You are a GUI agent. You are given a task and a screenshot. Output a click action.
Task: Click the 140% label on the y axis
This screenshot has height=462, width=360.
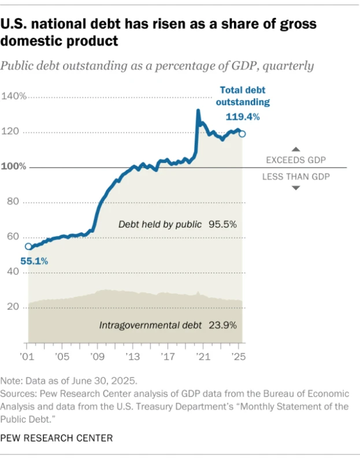pyautogui.click(x=13, y=96)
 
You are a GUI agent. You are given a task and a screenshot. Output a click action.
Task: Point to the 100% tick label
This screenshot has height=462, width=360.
pyautogui.click(x=13, y=167)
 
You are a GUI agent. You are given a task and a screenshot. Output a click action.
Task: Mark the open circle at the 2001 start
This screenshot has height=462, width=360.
pyautogui.click(x=28, y=247)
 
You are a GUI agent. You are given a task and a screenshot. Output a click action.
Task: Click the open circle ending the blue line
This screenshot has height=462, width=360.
pyautogui.click(x=242, y=134)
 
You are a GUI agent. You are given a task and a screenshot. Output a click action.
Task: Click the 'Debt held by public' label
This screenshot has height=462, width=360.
pyautogui.click(x=159, y=224)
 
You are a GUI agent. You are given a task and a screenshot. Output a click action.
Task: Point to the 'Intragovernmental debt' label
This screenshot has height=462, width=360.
pyautogui.click(x=150, y=325)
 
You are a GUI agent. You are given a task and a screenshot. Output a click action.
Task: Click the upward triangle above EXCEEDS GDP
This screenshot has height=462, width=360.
pyautogui.click(x=295, y=148)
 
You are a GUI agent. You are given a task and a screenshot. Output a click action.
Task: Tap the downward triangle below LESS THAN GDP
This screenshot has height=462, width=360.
pyautogui.click(x=295, y=188)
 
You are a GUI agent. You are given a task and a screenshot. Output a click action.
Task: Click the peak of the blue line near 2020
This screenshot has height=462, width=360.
pyautogui.click(x=198, y=110)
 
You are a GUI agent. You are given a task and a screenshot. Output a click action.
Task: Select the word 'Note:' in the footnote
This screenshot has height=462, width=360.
pyautogui.click(x=13, y=381)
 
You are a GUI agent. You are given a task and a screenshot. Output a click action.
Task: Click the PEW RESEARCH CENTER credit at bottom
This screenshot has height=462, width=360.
pyautogui.click(x=57, y=438)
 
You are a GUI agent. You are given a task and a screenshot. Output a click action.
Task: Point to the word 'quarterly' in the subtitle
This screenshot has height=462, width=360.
pyautogui.click(x=289, y=65)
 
